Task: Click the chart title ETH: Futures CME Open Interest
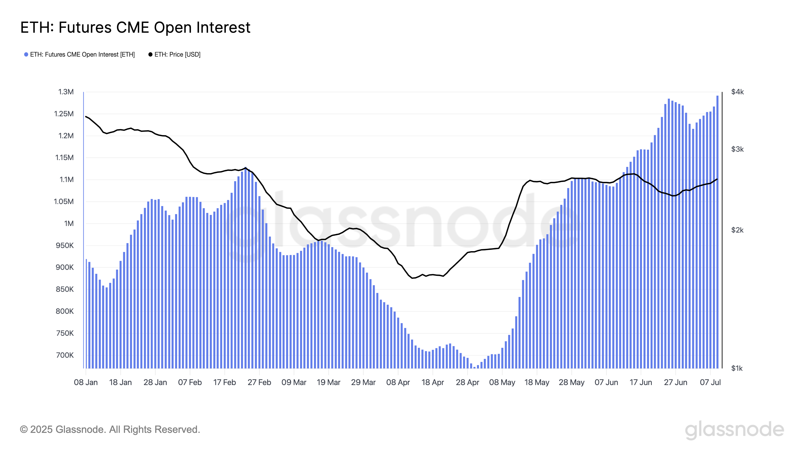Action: coord(135,27)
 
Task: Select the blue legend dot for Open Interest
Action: coord(26,54)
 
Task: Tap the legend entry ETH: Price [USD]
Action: coord(177,54)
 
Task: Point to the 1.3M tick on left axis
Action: coord(66,92)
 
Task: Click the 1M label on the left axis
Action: coord(69,223)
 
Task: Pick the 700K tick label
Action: coord(65,355)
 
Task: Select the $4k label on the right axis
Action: coord(737,92)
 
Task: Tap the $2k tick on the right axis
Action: coord(737,230)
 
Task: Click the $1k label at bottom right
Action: coord(737,368)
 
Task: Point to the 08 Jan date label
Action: coord(86,382)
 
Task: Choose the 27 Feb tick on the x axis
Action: coord(259,382)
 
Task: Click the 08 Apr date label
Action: coord(398,382)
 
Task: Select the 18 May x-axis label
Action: coord(537,382)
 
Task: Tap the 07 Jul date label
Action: coord(710,382)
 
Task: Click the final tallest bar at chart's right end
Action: coord(717,231)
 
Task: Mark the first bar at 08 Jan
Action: coord(86,313)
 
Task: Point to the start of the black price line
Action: coord(86,117)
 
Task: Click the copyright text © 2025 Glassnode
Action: coord(110,429)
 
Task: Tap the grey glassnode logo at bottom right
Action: coord(734,430)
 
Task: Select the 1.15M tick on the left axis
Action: coord(64,157)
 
